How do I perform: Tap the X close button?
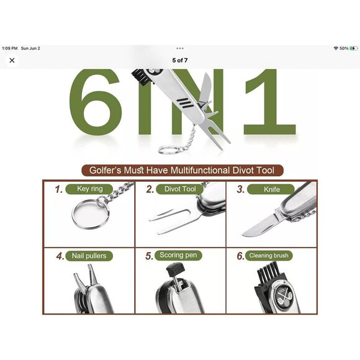click(12, 60)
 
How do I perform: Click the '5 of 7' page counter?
click(180, 60)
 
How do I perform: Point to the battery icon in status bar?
click(353, 48)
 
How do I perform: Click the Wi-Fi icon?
click(336, 48)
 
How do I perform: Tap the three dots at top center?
click(180, 48)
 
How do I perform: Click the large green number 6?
click(95, 102)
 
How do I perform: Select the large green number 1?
click(270, 102)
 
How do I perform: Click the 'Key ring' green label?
click(89, 189)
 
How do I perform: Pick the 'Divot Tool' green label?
click(180, 189)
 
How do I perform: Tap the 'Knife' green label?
click(271, 189)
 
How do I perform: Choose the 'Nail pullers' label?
click(89, 256)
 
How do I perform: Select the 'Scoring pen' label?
click(178, 255)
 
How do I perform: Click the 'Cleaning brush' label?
click(269, 256)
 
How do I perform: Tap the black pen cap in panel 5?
click(176, 269)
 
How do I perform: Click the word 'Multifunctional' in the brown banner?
click(200, 170)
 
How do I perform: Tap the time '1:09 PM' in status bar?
click(10, 48)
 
